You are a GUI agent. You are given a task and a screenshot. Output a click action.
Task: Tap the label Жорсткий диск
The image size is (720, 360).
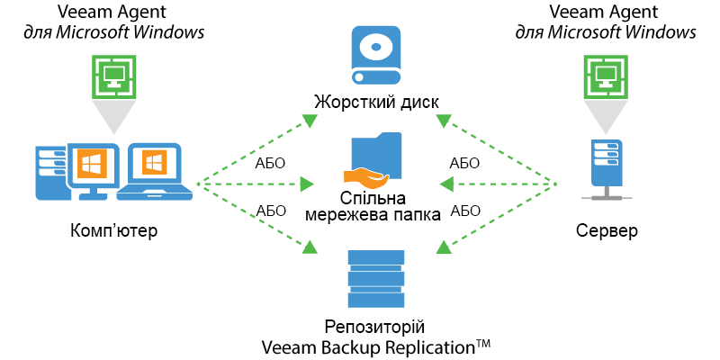point(376,100)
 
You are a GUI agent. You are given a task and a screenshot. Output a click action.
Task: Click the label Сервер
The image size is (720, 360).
point(606,231)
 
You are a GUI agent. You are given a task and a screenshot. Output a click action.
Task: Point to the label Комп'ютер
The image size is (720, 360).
point(114,231)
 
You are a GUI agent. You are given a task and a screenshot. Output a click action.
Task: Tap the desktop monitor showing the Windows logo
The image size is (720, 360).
point(90,166)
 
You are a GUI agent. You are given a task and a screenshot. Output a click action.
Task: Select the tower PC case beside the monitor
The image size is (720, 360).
point(49,171)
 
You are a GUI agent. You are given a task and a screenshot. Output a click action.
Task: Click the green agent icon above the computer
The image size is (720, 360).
point(114,76)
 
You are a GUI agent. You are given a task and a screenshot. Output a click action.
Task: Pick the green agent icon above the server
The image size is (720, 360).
point(606,76)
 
